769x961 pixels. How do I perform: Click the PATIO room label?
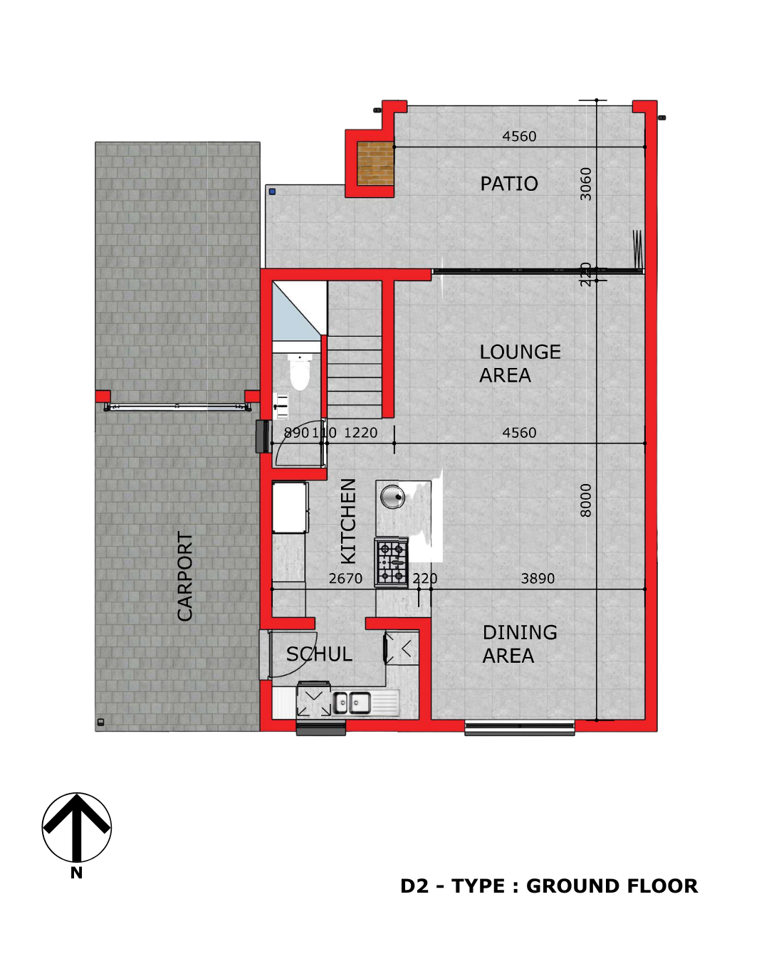pyautogui.click(x=508, y=184)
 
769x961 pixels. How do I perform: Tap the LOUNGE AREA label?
pyautogui.click(x=520, y=364)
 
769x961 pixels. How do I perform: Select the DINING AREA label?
pyautogui.click(x=520, y=644)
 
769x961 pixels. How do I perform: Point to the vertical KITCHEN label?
pyautogui.click(x=348, y=521)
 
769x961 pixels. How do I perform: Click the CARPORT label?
pyautogui.click(x=184, y=576)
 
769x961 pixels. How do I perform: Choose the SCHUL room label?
pyautogui.click(x=319, y=654)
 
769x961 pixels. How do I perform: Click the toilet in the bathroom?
pyautogui.click(x=299, y=371)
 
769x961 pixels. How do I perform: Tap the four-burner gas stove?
pyautogui.click(x=391, y=562)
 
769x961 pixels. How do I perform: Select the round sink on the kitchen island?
pyautogui.click(x=392, y=497)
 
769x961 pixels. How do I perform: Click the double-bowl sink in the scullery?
pyautogui.click(x=352, y=703)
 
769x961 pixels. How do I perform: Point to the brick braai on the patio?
pyautogui.click(x=375, y=163)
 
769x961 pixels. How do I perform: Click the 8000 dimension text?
pyautogui.click(x=585, y=500)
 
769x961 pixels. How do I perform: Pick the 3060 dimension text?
pyautogui.click(x=585, y=184)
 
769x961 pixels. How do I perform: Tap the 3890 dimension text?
pyautogui.click(x=538, y=579)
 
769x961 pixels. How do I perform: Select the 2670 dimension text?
pyautogui.click(x=345, y=579)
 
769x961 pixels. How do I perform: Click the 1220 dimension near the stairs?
pyautogui.click(x=360, y=433)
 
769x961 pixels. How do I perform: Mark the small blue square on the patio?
pyautogui.click(x=272, y=191)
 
